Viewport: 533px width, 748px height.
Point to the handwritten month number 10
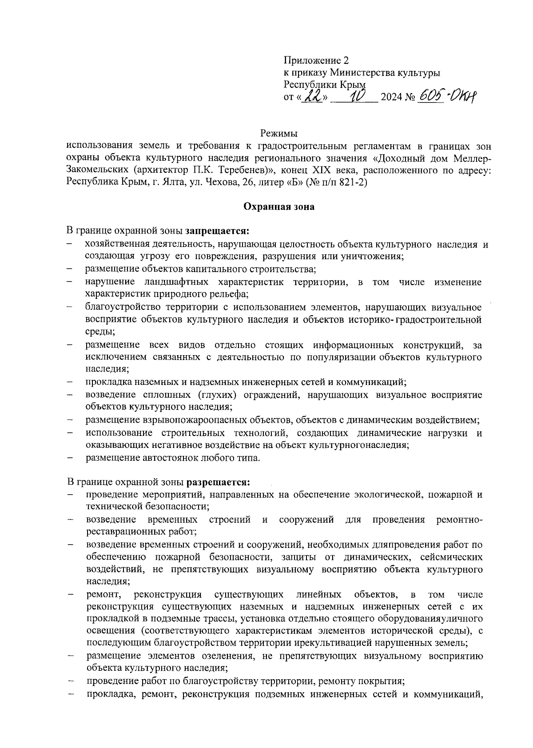[x=357, y=95]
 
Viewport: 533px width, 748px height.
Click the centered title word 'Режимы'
[x=278, y=133]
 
